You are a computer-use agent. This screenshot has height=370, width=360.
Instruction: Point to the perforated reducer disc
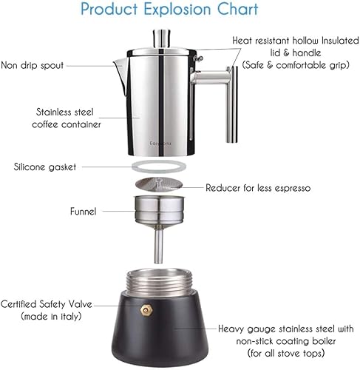click(x=159, y=186)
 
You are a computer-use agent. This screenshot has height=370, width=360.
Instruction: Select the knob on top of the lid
click(x=160, y=38)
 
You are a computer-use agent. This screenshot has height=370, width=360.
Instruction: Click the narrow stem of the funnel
click(x=159, y=244)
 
